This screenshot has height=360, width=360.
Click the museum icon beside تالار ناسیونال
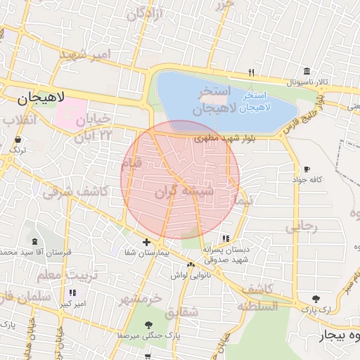pos(307,72)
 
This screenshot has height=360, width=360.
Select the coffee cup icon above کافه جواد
pos(307,169)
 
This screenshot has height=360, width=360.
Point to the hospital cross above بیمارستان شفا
pos(146,242)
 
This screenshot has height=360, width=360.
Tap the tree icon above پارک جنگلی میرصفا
pos(148,324)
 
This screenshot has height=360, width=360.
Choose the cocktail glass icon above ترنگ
pos(16,140)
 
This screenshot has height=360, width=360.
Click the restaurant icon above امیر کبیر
pos(72,292)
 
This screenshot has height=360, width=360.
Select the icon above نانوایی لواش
pos(191,264)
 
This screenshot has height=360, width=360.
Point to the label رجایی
pos(302,226)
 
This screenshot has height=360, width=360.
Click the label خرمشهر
pos(141,299)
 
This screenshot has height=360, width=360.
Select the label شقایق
pos(184,310)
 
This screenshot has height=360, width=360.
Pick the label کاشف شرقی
pos(75,191)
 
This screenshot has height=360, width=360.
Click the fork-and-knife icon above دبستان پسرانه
pos(225,238)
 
